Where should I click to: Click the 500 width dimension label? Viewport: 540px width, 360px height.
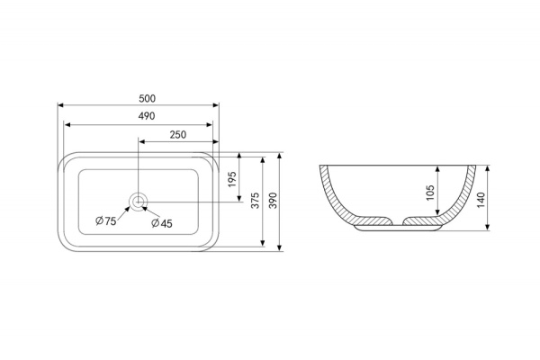coord(147,98)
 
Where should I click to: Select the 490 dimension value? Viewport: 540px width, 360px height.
coord(147,116)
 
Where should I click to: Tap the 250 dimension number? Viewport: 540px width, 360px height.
coord(178,134)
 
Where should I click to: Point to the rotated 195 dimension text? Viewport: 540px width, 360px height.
coord(232,179)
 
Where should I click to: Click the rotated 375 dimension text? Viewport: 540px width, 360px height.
coord(255,200)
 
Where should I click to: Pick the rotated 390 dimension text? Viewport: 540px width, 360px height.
coord(273,200)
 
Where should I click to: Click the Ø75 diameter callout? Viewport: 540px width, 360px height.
coord(105,220)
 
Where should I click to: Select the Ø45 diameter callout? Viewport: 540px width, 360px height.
coord(162,223)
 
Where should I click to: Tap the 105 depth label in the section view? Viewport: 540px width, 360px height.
coord(430,193)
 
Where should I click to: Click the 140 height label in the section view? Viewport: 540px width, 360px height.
coord(481,200)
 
